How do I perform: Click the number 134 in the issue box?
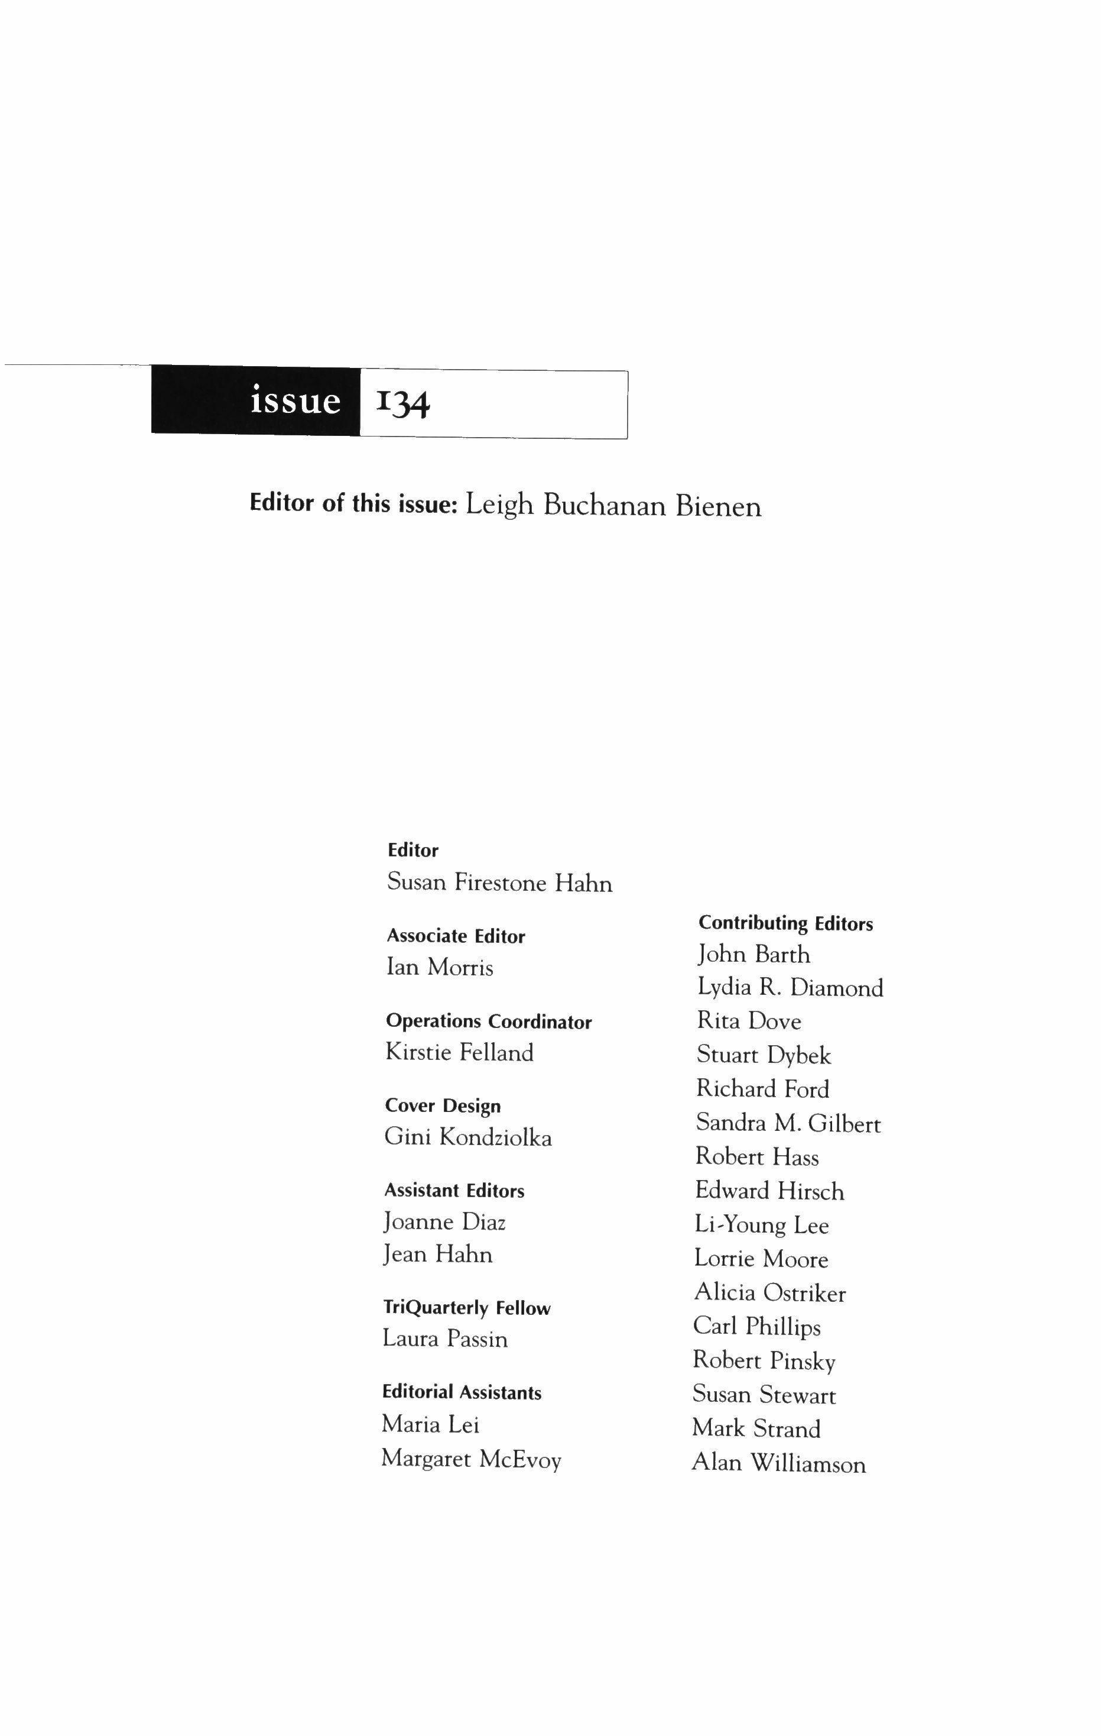(403, 404)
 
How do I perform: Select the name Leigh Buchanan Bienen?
(613, 506)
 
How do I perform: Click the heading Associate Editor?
(456, 936)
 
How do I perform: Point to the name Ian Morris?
(440, 966)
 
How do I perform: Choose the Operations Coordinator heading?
(489, 1021)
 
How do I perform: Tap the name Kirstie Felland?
(460, 1053)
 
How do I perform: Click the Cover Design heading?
(443, 1106)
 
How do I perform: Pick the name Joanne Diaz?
(444, 1222)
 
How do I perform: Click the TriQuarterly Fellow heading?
(466, 1308)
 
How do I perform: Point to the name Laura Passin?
(445, 1339)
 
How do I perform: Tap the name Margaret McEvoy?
(471, 1459)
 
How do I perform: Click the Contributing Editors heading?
(785, 923)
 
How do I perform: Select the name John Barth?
(754, 955)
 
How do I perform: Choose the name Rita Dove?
(749, 1021)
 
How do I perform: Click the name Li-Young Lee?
(762, 1225)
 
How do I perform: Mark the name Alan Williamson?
(779, 1463)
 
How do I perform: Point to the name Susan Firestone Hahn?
(500, 882)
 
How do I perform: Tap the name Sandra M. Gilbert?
(788, 1123)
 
